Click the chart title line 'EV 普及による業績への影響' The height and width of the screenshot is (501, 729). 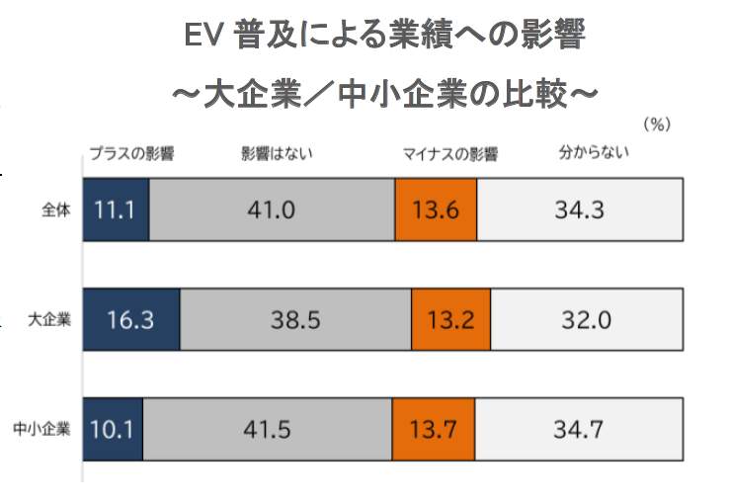tap(385, 38)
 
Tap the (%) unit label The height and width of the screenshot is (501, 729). tap(657, 125)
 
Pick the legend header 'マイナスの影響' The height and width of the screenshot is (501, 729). tap(449, 154)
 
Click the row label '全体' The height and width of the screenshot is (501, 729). tap(56, 210)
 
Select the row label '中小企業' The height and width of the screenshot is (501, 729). tap(43, 430)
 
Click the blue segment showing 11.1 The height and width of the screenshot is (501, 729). tap(116, 209)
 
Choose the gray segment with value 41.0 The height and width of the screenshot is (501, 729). tap(272, 209)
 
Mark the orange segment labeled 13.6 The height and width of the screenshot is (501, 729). tap(436, 209)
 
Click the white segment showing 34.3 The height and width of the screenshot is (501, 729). tap(579, 209)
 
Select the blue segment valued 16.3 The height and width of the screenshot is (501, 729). tap(131, 320)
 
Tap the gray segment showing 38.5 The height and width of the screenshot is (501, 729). tap(295, 320)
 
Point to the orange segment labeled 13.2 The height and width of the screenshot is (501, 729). tap(450, 320)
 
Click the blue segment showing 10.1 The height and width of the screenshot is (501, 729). tap(113, 430)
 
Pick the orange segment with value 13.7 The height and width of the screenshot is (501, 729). tap(433, 430)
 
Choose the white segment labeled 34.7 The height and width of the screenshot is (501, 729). tap(577, 430)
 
